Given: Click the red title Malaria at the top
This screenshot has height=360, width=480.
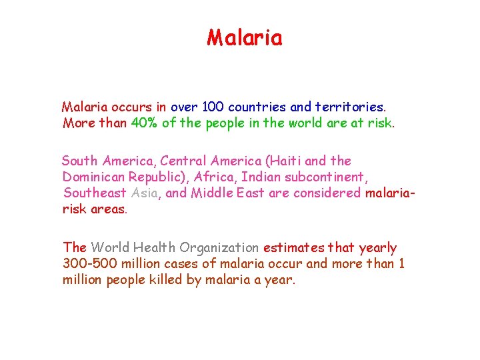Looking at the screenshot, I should click(244, 38).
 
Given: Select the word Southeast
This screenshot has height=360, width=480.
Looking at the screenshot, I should click(94, 193).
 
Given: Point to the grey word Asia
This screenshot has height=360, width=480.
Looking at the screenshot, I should click(145, 193).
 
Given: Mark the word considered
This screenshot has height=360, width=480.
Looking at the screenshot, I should click(323, 193).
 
